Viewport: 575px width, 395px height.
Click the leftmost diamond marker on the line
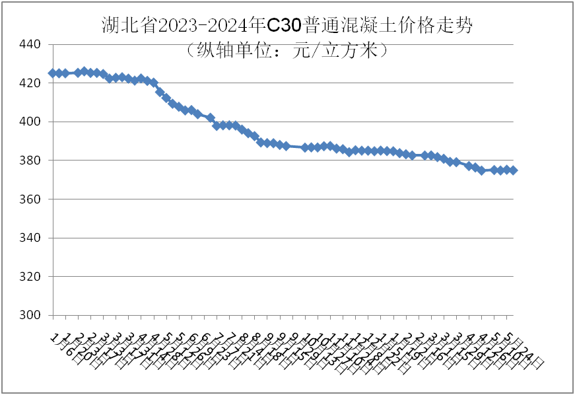(x=52, y=73)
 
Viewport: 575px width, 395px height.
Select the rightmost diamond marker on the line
(x=513, y=170)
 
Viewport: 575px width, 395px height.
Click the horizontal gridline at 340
(x=284, y=238)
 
